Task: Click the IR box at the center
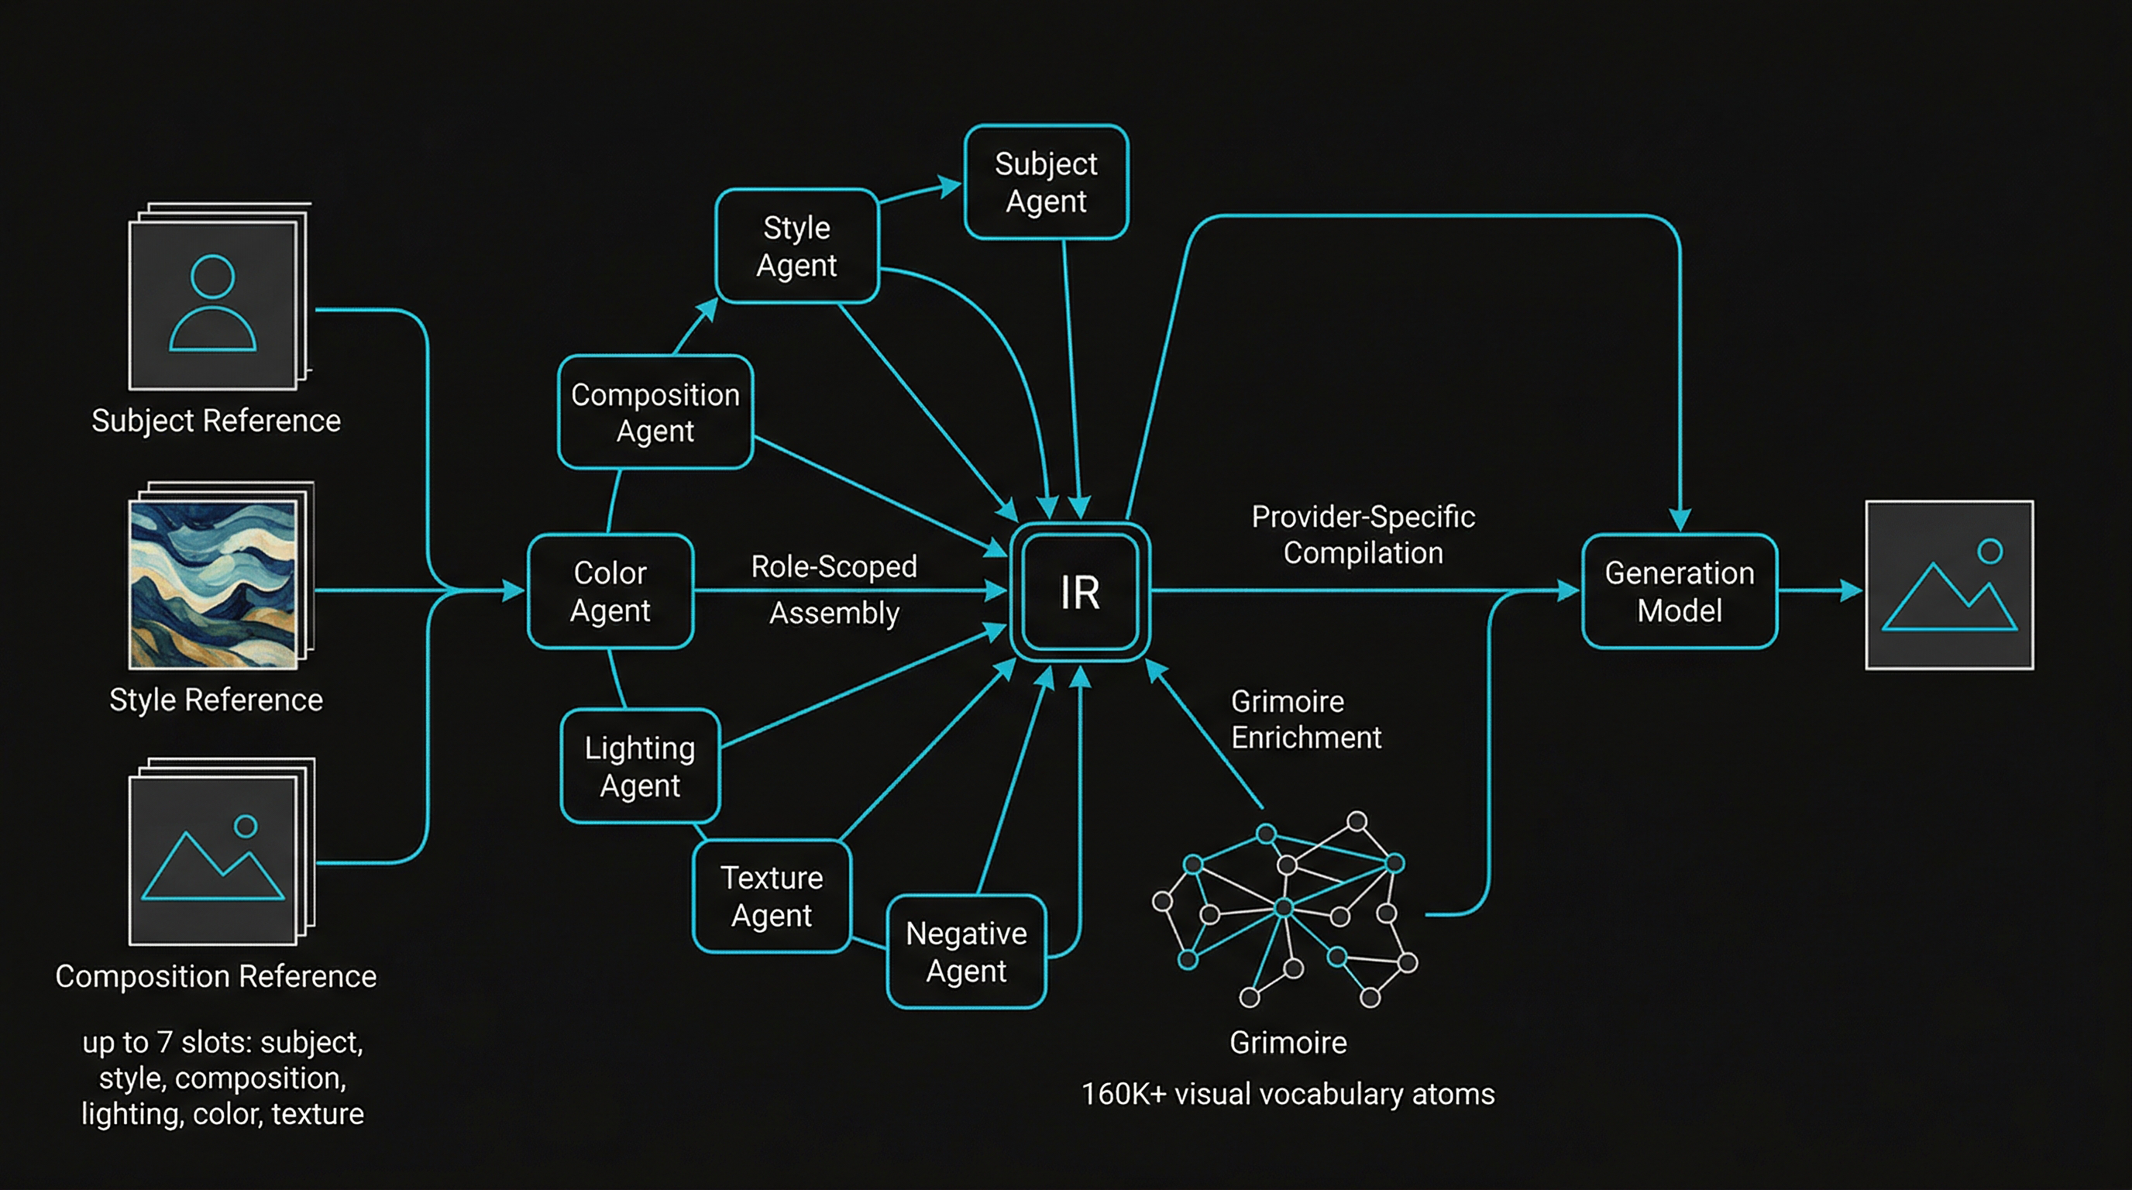[x=1080, y=593]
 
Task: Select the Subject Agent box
[x=1046, y=183]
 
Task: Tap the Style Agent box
[x=796, y=246]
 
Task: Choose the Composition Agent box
[x=655, y=412]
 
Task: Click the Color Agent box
[x=610, y=592]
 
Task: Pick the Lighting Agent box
[x=640, y=766]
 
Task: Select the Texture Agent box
[x=772, y=896]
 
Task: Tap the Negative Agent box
[x=966, y=951]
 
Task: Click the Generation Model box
[x=1679, y=592]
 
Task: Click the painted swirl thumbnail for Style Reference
[x=214, y=583]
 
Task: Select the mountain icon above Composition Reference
[x=214, y=861]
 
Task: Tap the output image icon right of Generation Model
[x=1949, y=586]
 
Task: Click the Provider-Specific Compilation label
[x=1363, y=535]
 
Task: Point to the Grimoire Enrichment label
[x=1305, y=719]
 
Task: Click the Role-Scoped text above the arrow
[x=834, y=567]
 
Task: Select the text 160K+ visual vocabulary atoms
[x=1288, y=1094]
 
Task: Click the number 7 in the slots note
[x=165, y=1042]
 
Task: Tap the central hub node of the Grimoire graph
[x=1284, y=908]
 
